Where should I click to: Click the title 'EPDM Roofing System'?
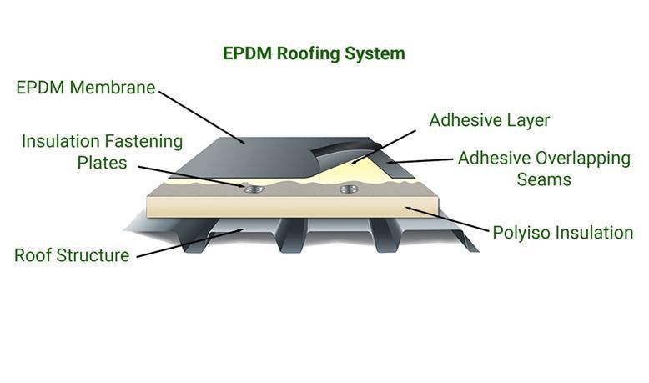click(x=314, y=54)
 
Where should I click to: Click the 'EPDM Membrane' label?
click(x=86, y=88)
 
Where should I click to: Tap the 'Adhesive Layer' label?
click(x=489, y=120)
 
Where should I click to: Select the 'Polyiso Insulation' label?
click(x=563, y=233)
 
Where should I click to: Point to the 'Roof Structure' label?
click(x=72, y=255)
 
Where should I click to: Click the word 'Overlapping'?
click(x=583, y=159)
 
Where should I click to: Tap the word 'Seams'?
click(x=544, y=179)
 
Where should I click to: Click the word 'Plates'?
click(x=103, y=163)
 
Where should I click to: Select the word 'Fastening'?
click(x=143, y=142)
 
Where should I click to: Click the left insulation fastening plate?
click(x=254, y=189)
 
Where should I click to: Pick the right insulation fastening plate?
click(x=349, y=189)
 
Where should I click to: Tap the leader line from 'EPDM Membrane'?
click(x=202, y=118)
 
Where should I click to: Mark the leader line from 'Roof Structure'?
click(x=189, y=244)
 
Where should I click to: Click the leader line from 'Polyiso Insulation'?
click(x=447, y=219)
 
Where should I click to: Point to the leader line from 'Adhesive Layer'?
click(x=382, y=148)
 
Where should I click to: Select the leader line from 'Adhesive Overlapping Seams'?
click(x=420, y=161)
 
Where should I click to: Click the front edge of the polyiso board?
click(x=293, y=207)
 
